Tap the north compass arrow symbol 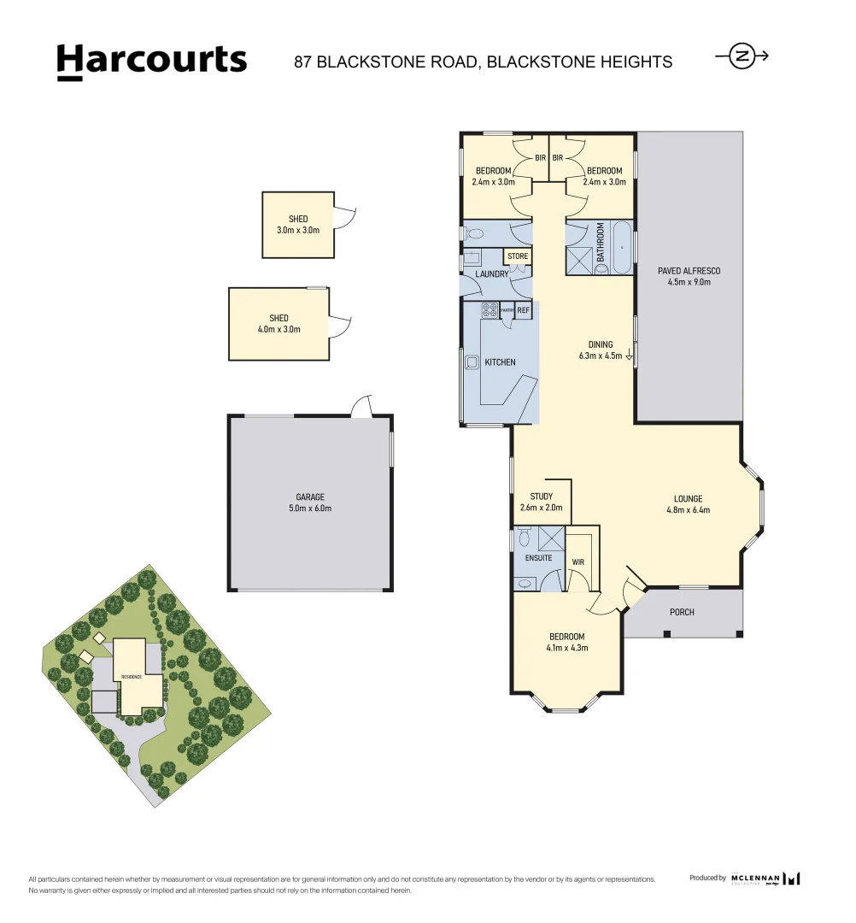pyautogui.click(x=742, y=56)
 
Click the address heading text pyautogui.click(x=483, y=62)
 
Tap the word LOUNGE pyautogui.click(x=688, y=499)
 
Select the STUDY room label pyautogui.click(x=541, y=497)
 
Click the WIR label pyautogui.click(x=578, y=562)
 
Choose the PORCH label pyautogui.click(x=682, y=612)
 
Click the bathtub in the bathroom pyautogui.click(x=621, y=248)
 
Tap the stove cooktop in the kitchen pyautogui.click(x=490, y=310)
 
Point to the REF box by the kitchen pyautogui.click(x=524, y=311)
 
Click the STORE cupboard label pyautogui.click(x=518, y=256)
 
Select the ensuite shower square pyautogui.click(x=552, y=538)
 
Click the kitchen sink pyautogui.click(x=472, y=362)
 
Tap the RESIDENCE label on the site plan pyautogui.click(x=131, y=676)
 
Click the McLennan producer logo pyautogui.click(x=765, y=878)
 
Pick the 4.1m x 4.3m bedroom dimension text pyautogui.click(x=566, y=648)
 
